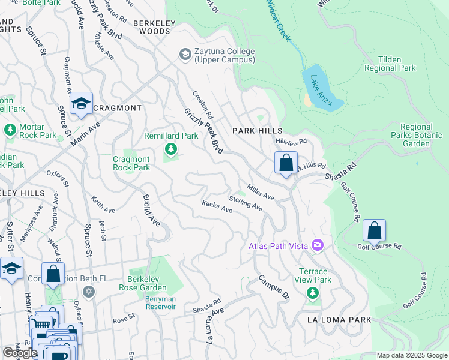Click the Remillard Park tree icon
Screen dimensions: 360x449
pos(171,148)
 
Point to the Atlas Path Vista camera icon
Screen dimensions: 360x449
pos(317,245)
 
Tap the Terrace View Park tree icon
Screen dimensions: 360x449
pos(312,293)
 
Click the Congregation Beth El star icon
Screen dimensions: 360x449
pos(89,292)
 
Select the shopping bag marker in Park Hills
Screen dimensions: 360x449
pos(286,163)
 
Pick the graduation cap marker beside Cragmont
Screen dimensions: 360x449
pos(81,104)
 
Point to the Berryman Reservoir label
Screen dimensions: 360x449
pos(161,302)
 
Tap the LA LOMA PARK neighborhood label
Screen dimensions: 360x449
pos(339,320)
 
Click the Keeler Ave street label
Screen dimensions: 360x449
pos(217,206)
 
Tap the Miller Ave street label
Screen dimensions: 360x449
pos(260,192)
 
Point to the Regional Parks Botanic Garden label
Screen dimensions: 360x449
pos(416,135)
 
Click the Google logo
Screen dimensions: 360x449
pos(20,353)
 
